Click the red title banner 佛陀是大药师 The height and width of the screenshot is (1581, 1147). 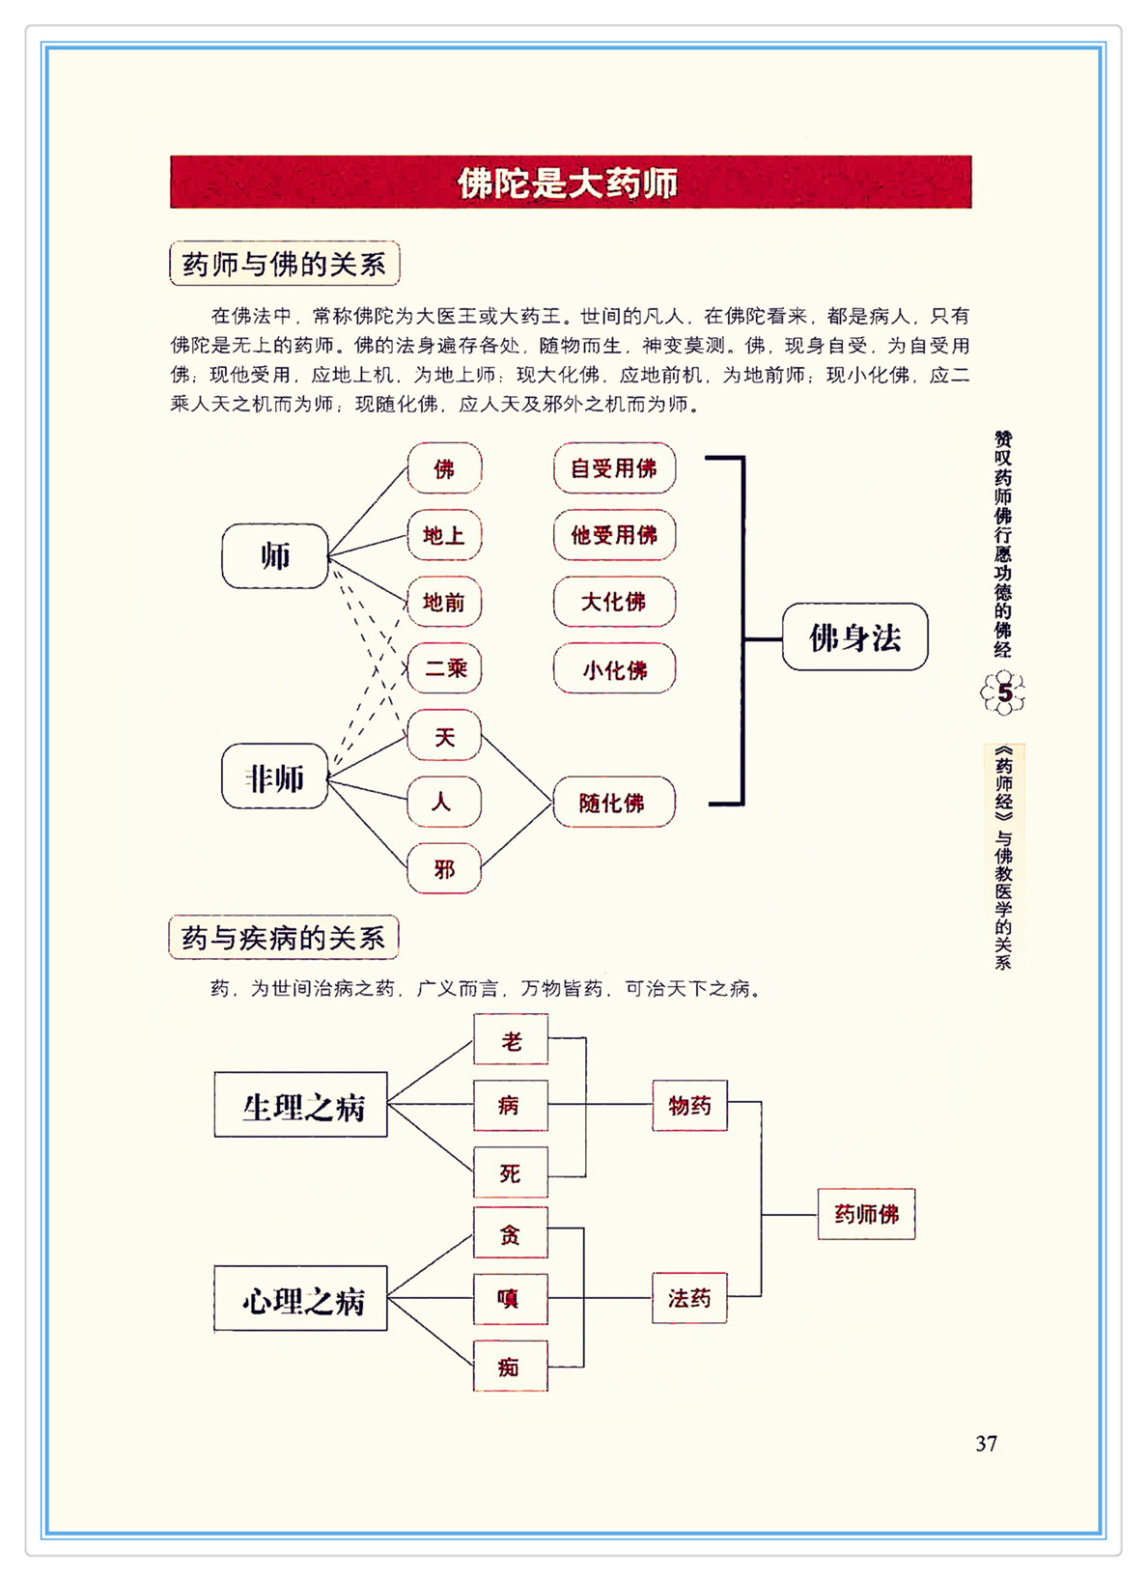570,183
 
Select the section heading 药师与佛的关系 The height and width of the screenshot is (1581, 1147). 284,264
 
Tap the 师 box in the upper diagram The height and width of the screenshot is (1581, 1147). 275,556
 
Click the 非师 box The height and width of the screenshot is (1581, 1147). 275,776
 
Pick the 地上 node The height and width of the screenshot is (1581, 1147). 444,535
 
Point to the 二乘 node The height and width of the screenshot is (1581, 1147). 444,668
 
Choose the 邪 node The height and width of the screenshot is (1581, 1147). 444,868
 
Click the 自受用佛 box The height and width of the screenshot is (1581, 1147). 614,468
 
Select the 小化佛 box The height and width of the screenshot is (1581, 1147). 614,668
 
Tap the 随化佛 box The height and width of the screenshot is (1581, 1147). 613,802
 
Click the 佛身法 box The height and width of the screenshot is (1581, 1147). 854,637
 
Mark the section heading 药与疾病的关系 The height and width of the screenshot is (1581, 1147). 284,938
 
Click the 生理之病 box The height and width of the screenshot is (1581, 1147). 301,1106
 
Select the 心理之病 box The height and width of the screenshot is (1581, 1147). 301,1300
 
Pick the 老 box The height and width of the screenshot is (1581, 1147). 511,1039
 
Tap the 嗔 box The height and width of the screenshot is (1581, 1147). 511,1299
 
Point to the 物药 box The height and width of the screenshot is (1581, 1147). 689,1105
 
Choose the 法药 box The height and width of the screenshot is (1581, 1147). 689,1298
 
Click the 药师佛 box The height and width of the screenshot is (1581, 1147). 866,1214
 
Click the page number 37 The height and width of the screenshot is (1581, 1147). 986,1443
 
